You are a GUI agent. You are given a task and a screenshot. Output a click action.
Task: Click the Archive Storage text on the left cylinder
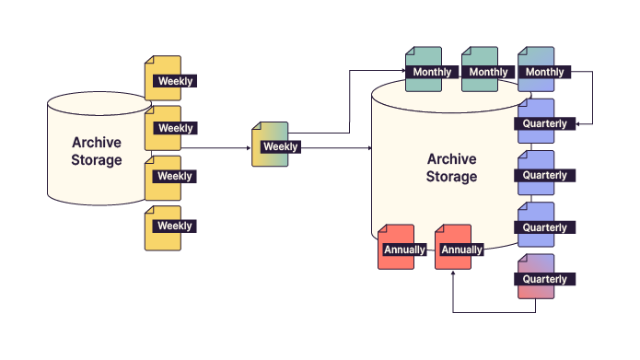tap(97, 151)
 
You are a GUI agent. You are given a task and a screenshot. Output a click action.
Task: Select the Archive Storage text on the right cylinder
tap(451, 167)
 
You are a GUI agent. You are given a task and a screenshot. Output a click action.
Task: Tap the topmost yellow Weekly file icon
tap(163, 78)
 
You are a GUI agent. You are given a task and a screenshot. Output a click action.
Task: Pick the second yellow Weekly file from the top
tap(163, 127)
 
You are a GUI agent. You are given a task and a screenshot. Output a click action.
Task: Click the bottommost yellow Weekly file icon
tap(163, 226)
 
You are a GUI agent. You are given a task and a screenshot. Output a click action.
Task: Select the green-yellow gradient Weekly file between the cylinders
tap(271, 145)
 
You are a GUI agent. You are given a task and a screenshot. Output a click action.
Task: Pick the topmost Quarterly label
tap(544, 123)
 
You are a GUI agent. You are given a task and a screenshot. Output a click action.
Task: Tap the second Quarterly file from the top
tap(537, 174)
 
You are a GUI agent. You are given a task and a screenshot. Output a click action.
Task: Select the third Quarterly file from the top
tap(537, 226)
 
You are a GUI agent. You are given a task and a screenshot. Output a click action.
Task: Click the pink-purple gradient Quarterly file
tap(537, 277)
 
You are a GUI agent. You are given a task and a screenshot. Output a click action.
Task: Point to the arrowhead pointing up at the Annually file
tap(454, 274)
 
